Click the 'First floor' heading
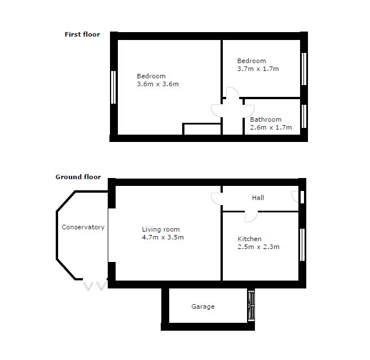point(82,34)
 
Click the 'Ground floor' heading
point(78,177)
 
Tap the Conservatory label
point(83,228)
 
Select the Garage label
point(203,307)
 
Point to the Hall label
point(258,198)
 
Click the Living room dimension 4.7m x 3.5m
point(163,238)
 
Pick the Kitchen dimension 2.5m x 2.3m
point(258,247)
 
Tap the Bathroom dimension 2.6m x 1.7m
point(271,127)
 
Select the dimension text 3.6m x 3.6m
point(157,85)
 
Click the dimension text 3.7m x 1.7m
point(258,69)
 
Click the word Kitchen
point(249,239)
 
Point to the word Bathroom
point(266,119)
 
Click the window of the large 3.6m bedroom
point(113,87)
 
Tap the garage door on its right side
point(251,306)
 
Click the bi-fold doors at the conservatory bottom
point(94,286)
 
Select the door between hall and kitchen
point(250,216)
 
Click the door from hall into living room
point(217,198)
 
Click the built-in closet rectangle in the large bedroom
point(201,129)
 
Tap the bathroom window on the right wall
point(303,117)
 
